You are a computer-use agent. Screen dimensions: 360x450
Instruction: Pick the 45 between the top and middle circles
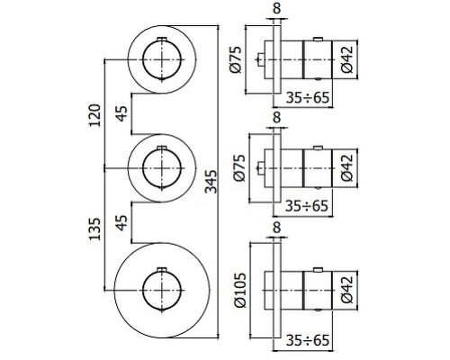tap(121, 114)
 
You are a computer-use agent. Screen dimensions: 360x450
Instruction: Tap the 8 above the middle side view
tap(276, 117)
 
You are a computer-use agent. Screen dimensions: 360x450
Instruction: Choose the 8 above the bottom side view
tap(276, 230)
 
